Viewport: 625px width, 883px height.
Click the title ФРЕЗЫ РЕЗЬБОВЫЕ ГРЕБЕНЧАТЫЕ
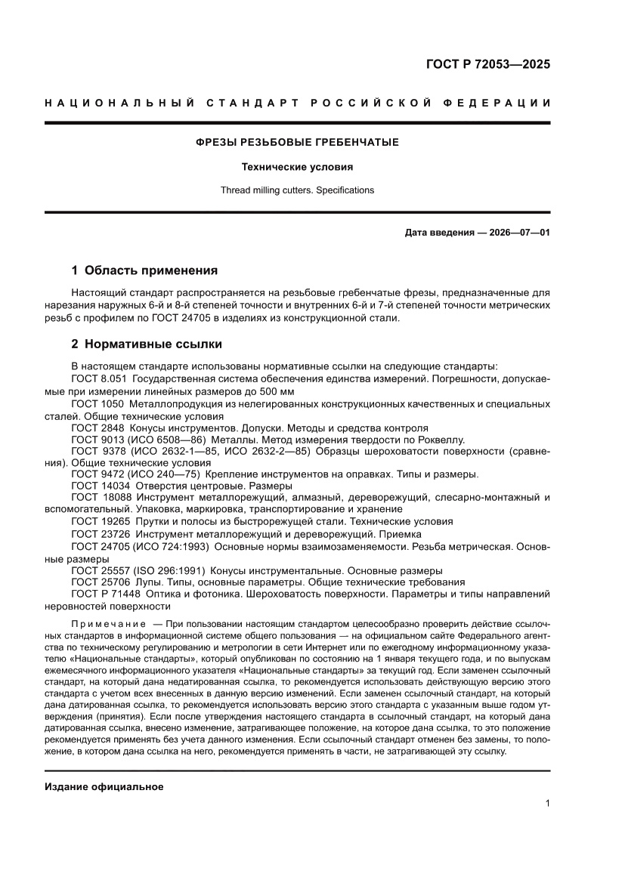pos(297,142)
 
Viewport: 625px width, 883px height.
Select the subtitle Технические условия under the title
pos(297,167)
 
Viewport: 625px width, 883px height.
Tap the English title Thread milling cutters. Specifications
pos(297,190)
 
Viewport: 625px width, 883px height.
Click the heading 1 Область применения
pos(144,270)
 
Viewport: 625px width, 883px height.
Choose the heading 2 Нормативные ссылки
pos(146,344)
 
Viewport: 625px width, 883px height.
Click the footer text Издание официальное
pos(104,787)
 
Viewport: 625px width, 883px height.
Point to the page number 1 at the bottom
pos(546,804)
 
